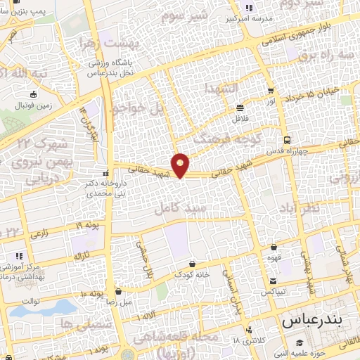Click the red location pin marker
coord(181,165)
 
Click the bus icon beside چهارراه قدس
coord(287,139)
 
